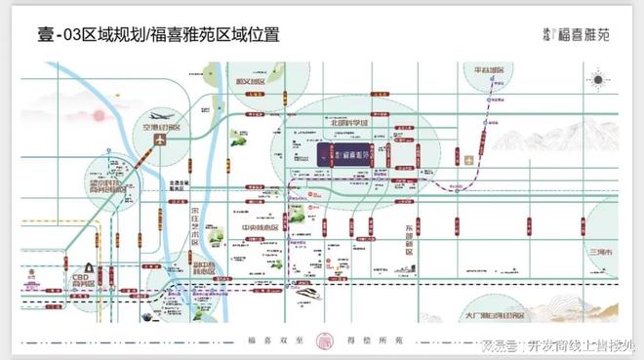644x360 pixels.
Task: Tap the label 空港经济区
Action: (161, 128)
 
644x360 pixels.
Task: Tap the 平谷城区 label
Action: (488, 71)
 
